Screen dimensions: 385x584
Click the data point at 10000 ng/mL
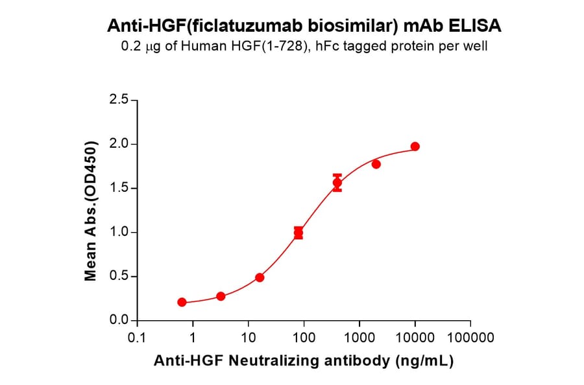(415, 146)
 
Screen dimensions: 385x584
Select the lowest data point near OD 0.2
(182, 302)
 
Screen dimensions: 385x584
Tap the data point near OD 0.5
(260, 277)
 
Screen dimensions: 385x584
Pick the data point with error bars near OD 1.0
(298, 233)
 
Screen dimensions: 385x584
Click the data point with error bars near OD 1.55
(337, 183)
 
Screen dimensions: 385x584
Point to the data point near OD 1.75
(376, 164)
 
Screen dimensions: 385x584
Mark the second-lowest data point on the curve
(221, 296)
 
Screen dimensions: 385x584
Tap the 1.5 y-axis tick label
(119, 189)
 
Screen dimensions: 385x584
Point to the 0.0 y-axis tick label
(119, 321)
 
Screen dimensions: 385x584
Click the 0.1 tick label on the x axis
(136, 338)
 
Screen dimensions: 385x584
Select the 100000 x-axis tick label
(470, 338)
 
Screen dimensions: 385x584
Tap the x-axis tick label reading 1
(192, 338)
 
